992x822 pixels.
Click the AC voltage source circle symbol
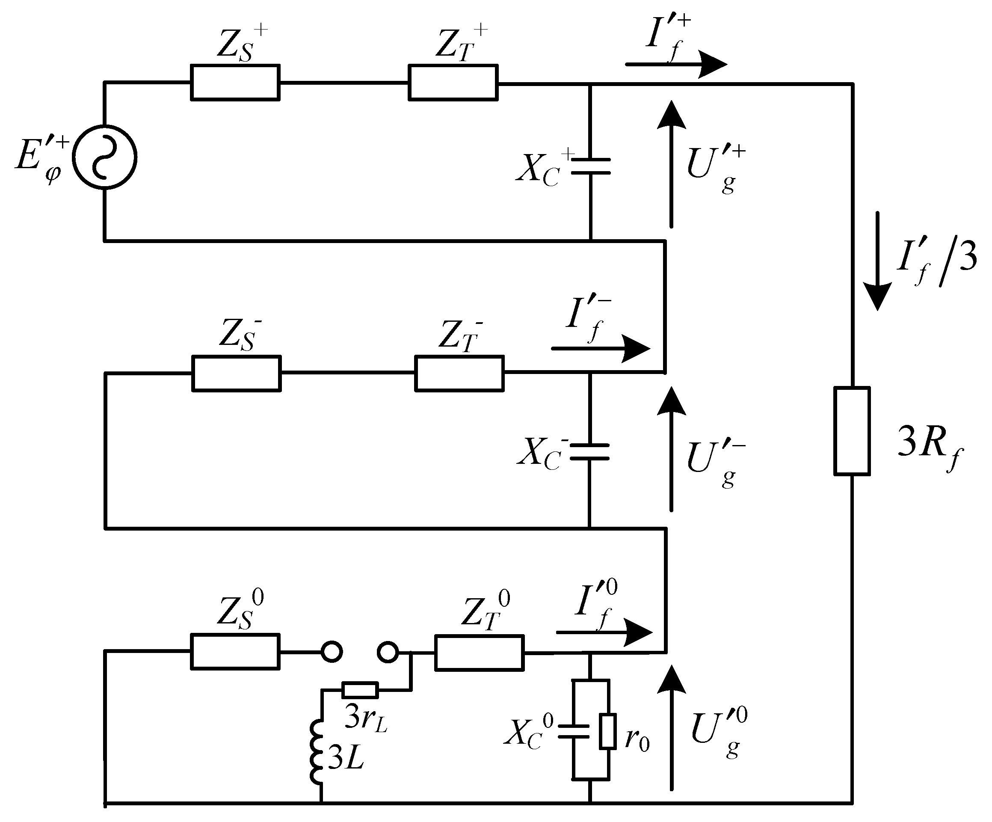click(104, 157)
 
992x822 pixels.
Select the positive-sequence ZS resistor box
click(235, 83)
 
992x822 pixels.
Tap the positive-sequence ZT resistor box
click(453, 83)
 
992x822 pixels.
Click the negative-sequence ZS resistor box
click(236, 374)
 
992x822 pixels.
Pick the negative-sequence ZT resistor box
click(459, 374)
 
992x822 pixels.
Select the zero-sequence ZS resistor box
click(235, 652)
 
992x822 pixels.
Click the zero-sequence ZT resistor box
click(479, 653)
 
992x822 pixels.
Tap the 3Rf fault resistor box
click(852, 431)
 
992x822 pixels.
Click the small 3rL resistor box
click(360, 690)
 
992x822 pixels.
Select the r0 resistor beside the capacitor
click(607, 732)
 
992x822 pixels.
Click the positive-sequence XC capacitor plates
click(590, 166)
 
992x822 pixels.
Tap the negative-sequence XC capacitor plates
click(589, 451)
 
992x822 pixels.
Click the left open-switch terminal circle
click(332, 652)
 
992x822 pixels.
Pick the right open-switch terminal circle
click(388, 653)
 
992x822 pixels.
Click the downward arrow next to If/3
click(877, 262)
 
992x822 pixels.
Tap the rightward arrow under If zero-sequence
click(604, 632)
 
